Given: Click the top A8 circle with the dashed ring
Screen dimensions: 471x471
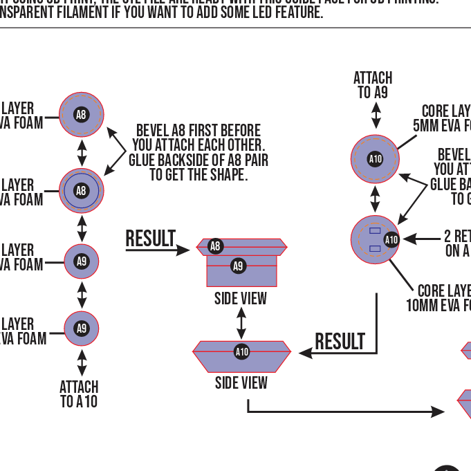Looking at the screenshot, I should [x=82, y=115].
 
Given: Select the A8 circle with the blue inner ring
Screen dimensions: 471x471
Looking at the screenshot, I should [x=82, y=191].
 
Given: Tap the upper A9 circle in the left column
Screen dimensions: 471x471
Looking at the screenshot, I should [x=82, y=261].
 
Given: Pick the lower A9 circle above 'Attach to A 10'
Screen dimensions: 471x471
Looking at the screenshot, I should [x=82, y=329].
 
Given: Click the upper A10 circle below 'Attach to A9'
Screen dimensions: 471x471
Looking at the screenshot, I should [x=375, y=159].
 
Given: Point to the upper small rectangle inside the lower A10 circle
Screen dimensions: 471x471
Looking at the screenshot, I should [x=375, y=231].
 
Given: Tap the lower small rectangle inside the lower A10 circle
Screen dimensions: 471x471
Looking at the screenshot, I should [x=375, y=248].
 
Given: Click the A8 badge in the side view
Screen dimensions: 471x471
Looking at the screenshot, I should [x=215, y=246].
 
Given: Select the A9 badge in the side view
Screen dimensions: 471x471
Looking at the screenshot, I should [x=238, y=266].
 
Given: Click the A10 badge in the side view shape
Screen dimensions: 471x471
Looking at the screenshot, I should [x=241, y=352].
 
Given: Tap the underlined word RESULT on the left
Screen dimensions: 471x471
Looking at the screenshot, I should [x=150, y=239].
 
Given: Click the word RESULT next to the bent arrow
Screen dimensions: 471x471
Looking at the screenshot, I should [x=340, y=342].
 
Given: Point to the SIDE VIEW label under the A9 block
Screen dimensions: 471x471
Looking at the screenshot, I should [x=241, y=299].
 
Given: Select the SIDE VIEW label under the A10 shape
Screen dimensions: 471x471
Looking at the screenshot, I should [x=241, y=382].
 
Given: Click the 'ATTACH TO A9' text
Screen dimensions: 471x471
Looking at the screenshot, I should [x=373, y=85].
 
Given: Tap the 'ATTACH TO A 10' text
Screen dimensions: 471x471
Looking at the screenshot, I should [x=79, y=394].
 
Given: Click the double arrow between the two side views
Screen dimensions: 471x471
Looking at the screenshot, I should [x=241, y=323].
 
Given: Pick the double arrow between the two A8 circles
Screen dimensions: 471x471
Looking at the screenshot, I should [x=82, y=153].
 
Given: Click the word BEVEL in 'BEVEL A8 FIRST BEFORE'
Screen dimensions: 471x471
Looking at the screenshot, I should [x=153, y=130].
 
